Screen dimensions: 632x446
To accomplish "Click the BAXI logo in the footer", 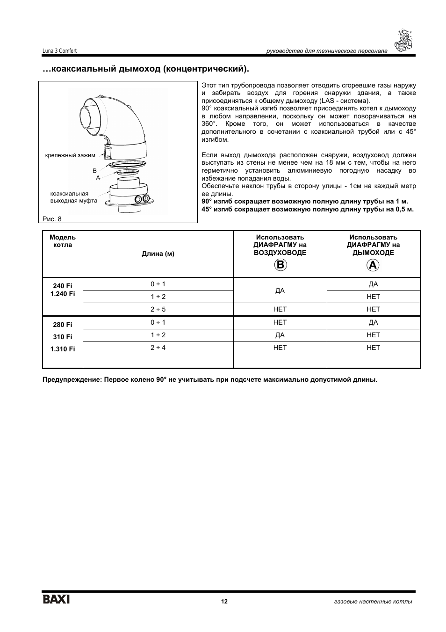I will (x=57, y=599).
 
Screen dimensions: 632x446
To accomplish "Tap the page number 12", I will (x=224, y=602).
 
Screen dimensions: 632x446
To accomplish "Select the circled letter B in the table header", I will (x=280, y=265).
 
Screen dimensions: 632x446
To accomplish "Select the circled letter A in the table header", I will (x=373, y=265).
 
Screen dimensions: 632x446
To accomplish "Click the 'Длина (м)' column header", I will (x=158, y=254).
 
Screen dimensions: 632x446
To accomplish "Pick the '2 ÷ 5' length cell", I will (x=158, y=309).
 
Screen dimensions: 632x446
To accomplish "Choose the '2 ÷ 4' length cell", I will (x=158, y=348).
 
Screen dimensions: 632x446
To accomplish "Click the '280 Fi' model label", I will (x=63, y=325).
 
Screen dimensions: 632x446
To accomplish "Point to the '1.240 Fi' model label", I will (x=63, y=294).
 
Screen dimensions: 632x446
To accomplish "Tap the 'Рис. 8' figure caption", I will (x=52, y=219).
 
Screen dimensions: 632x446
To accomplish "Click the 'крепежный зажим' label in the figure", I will (x=70, y=155).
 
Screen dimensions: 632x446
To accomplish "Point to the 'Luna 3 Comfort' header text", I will (x=59, y=51).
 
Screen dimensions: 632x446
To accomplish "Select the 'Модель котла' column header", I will (x=63, y=241).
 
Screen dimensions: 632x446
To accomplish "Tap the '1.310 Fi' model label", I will (x=63, y=349).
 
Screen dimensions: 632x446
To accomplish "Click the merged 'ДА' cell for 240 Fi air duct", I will (x=280, y=291).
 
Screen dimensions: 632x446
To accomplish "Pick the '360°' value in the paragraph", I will (x=209, y=124).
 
